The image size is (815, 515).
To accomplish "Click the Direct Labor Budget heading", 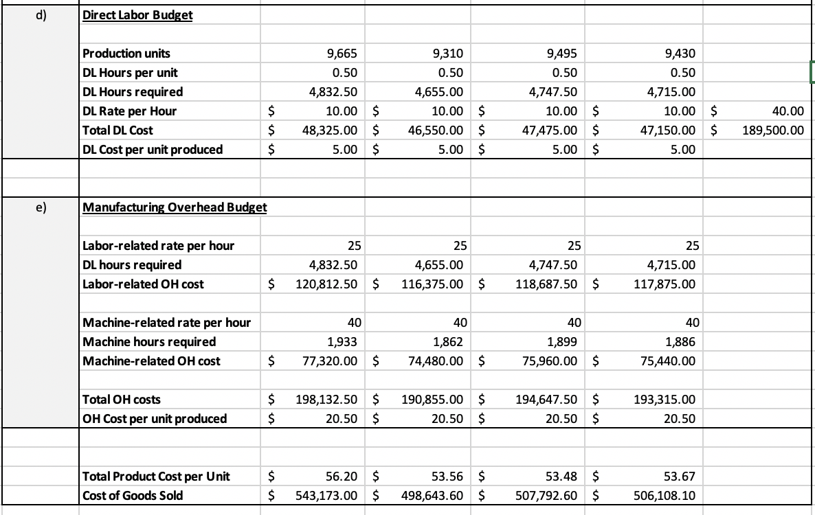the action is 137,15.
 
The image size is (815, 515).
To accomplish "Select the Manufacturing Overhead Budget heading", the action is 175,207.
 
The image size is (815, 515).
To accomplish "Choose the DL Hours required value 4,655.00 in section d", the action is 440,92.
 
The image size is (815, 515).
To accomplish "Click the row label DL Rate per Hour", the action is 129,111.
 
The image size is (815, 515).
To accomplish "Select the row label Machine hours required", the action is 149,341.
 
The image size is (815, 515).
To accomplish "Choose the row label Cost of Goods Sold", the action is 133,495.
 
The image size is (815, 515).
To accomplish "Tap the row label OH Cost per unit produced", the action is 154,418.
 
